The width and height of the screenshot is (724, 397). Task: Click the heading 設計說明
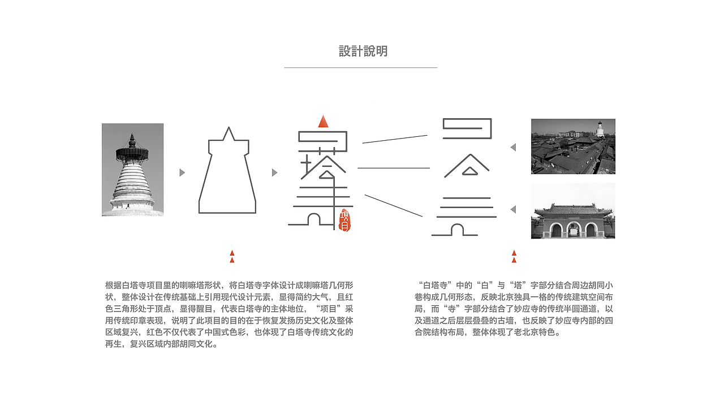(x=363, y=51)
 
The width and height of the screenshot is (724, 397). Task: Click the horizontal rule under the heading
(x=360, y=68)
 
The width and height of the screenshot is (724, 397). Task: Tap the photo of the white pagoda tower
(x=132, y=170)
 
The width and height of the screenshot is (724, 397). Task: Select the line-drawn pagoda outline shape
(x=227, y=172)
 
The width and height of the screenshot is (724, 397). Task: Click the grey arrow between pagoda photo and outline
(x=182, y=172)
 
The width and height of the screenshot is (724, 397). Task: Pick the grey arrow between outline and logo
(x=274, y=172)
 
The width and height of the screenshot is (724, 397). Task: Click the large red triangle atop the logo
(x=323, y=122)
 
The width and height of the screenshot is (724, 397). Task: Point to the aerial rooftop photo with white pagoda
(x=573, y=146)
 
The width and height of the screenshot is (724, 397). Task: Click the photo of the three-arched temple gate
(x=573, y=210)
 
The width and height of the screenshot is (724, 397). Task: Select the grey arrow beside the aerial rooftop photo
(x=513, y=148)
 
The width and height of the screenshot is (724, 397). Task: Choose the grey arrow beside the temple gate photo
(x=513, y=210)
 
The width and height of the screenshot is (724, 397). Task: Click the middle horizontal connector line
(x=393, y=168)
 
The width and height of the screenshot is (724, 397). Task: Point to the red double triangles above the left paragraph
(x=232, y=257)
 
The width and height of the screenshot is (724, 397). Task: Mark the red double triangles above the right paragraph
(x=514, y=257)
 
